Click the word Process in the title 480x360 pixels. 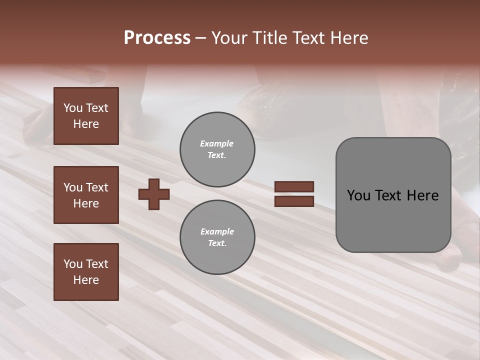[157, 38]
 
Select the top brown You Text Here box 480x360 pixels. [86, 116]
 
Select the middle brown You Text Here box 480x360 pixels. [86, 195]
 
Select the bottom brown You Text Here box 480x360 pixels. [86, 272]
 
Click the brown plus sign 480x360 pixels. [154, 194]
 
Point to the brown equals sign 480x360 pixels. [294, 194]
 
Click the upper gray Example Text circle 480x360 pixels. [217, 149]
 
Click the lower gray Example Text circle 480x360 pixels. [217, 237]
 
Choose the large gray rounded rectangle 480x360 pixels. [393, 195]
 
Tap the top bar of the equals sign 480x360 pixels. [294, 187]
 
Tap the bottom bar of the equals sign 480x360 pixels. [294, 201]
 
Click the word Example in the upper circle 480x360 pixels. [216, 143]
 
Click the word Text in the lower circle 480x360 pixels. [216, 243]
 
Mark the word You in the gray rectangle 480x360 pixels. [358, 195]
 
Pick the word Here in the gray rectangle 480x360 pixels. [423, 195]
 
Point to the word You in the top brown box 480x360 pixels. [72, 108]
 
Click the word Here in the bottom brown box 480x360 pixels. [86, 280]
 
